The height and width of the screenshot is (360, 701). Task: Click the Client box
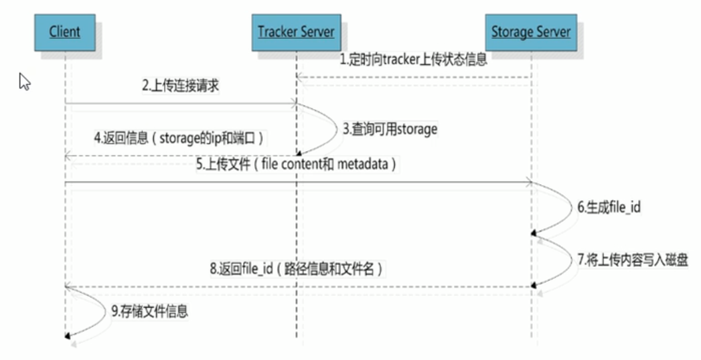65,31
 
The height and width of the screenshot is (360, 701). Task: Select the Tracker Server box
296,32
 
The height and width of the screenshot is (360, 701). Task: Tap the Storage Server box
531,32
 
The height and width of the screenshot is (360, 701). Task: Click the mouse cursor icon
25,82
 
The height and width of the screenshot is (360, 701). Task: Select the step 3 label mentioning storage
390,129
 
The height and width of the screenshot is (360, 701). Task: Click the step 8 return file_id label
295,270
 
